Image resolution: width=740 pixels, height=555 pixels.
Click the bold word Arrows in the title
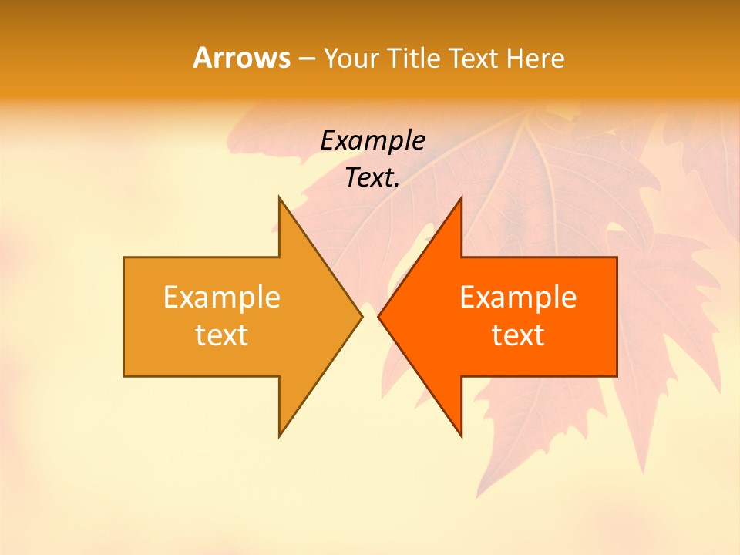pos(241,58)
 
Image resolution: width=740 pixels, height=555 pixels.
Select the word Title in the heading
pos(415,58)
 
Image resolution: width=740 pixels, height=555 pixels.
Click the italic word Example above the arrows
pos(372,140)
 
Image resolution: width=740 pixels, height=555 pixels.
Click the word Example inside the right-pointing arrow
pos(222,297)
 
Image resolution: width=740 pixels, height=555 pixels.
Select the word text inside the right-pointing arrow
pos(222,335)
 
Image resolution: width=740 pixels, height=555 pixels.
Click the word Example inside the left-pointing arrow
pos(518,297)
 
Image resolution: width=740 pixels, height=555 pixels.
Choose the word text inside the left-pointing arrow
pos(518,335)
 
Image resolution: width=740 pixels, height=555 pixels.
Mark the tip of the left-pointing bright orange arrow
pos(380,316)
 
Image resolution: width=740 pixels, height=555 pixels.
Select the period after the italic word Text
pos(397,186)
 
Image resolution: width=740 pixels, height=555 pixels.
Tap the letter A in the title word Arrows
pos(202,58)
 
